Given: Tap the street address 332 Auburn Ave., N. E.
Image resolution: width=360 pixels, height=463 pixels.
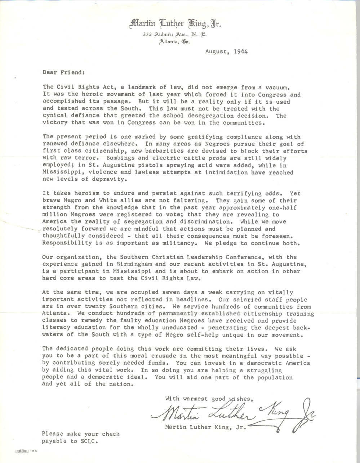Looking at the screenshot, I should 174,35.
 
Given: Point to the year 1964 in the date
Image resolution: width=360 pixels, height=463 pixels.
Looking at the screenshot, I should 240,51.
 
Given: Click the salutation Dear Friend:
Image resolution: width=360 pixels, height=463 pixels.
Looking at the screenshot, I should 63,72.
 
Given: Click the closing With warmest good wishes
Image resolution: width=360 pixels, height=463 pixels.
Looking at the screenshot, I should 211,399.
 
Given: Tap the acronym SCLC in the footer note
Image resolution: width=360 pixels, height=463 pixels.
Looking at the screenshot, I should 90,441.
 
